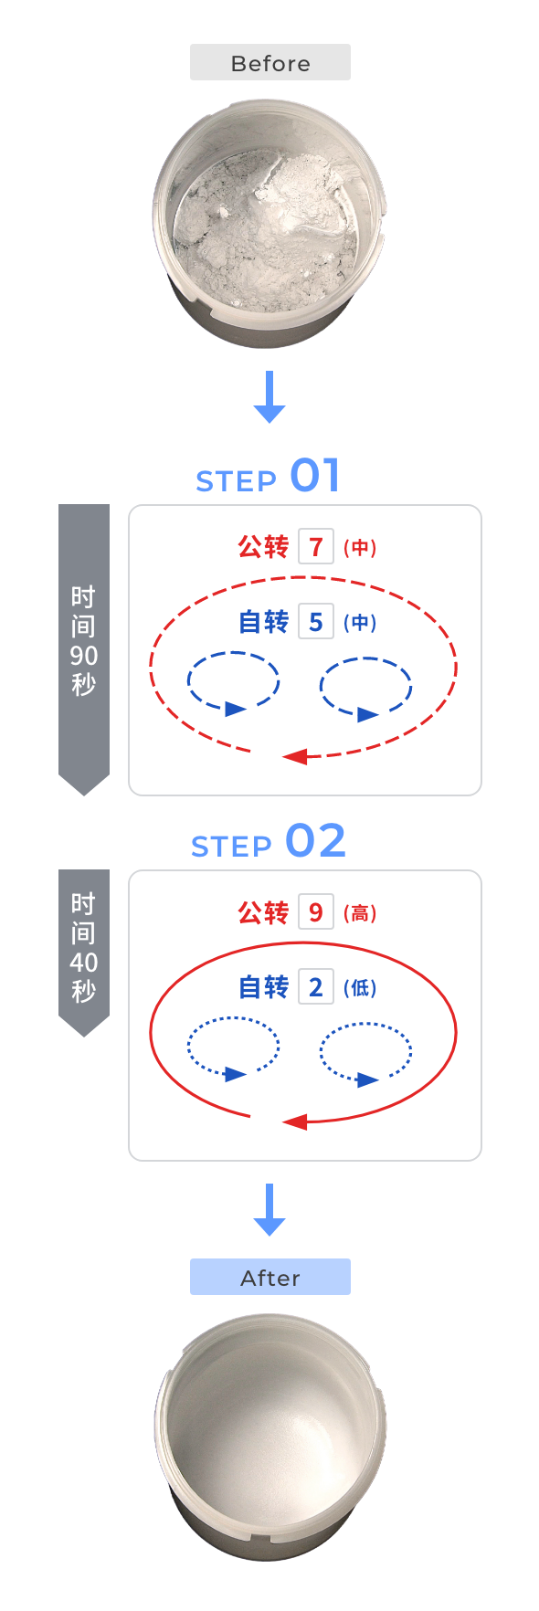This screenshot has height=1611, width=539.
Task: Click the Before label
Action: [x=270, y=63]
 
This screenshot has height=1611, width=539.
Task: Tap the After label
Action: [x=270, y=1278]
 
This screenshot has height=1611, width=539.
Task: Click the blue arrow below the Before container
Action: [x=269, y=396]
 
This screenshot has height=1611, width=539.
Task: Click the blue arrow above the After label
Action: [x=269, y=1210]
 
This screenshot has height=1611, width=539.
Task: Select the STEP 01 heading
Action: [x=269, y=476]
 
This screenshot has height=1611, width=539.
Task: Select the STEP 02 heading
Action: [x=269, y=841]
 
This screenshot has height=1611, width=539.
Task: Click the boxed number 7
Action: [x=316, y=547]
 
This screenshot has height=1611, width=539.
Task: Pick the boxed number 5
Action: [x=316, y=622]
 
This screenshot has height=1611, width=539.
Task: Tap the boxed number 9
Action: [x=316, y=912]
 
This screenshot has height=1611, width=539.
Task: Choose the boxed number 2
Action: [x=316, y=987]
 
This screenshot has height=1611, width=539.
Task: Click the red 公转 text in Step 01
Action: [x=263, y=547]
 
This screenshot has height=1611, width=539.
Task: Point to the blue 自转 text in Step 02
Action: [x=263, y=987]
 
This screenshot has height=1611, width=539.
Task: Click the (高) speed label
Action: [x=360, y=913]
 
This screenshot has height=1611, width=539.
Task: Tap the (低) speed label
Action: [x=360, y=988]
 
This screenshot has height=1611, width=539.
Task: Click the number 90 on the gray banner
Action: [x=83, y=656]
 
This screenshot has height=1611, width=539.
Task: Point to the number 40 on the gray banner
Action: [x=83, y=963]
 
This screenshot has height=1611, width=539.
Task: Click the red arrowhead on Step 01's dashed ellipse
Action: [x=294, y=756]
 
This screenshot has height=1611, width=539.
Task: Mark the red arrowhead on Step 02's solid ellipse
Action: [x=294, y=1121]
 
